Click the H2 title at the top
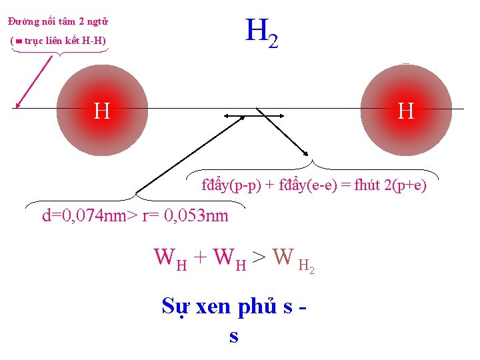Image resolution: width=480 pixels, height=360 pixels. click(x=261, y=33)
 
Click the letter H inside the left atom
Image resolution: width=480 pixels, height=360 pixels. click(x=102, y=111)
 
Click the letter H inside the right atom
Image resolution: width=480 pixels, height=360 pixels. click(x=405, y=111)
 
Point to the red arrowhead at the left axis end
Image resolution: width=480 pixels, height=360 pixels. click(x=19, y=103)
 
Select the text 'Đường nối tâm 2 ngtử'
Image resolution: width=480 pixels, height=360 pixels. click(x=59, y=21)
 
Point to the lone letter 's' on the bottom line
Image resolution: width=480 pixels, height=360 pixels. click(x=233, y=335)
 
